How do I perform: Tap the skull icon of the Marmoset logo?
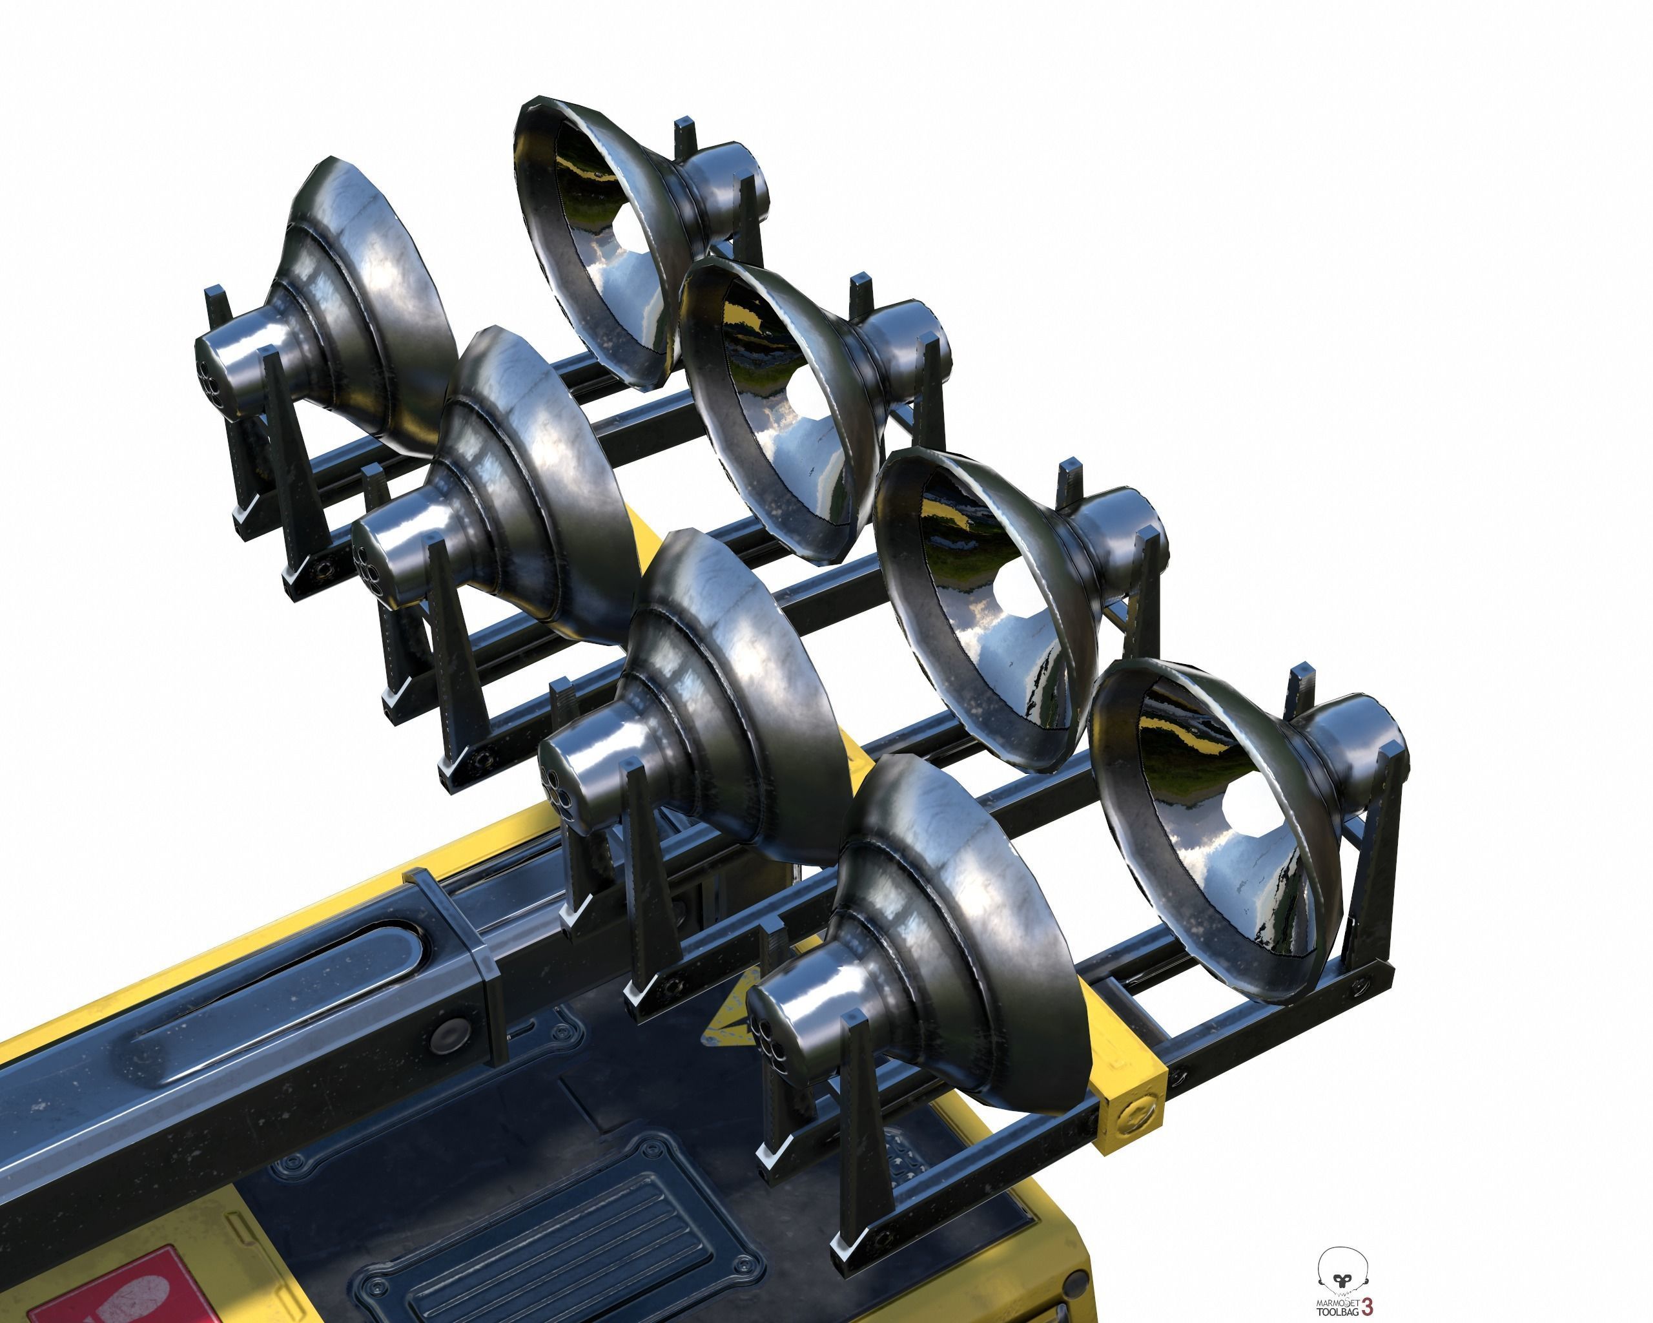(1342, 1271)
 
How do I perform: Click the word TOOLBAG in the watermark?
(1337, 1312)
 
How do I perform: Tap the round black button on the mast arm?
(449, 1037)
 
